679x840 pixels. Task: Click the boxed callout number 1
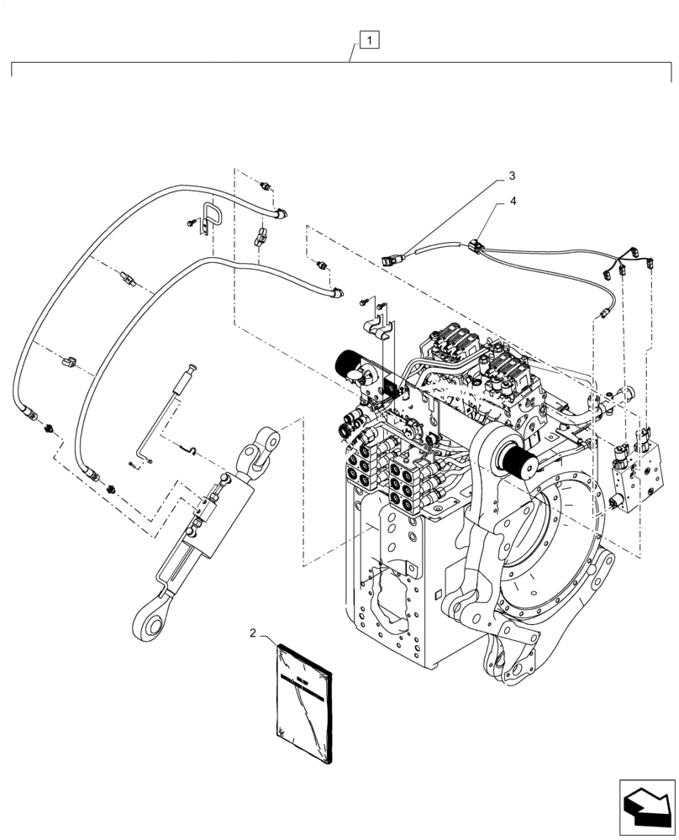(x=371, y=38)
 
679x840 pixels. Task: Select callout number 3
(x=510, y=177)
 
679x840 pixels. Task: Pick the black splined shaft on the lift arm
(x=521, y=464)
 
